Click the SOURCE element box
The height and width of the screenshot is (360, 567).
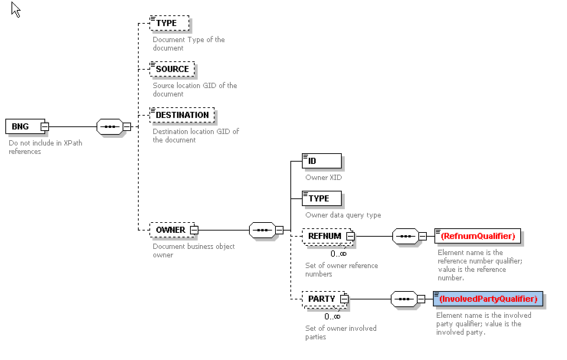pos(172,69)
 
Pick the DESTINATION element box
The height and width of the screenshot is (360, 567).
pos(182,115)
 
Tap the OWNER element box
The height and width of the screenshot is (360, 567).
pos(170,229)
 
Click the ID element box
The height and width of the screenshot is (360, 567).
pos(322,161)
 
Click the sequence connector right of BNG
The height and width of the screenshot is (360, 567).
pos(110,126)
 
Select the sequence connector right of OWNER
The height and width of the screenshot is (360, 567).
pos(263,229)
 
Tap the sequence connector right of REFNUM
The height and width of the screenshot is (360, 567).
pos(405,237)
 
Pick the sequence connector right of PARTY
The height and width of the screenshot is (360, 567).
pos(405,299)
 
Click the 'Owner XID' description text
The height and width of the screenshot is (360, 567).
pos(323,178)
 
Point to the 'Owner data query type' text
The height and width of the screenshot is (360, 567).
pos(343,215)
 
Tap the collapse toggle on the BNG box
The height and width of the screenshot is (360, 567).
pos(45,126)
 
